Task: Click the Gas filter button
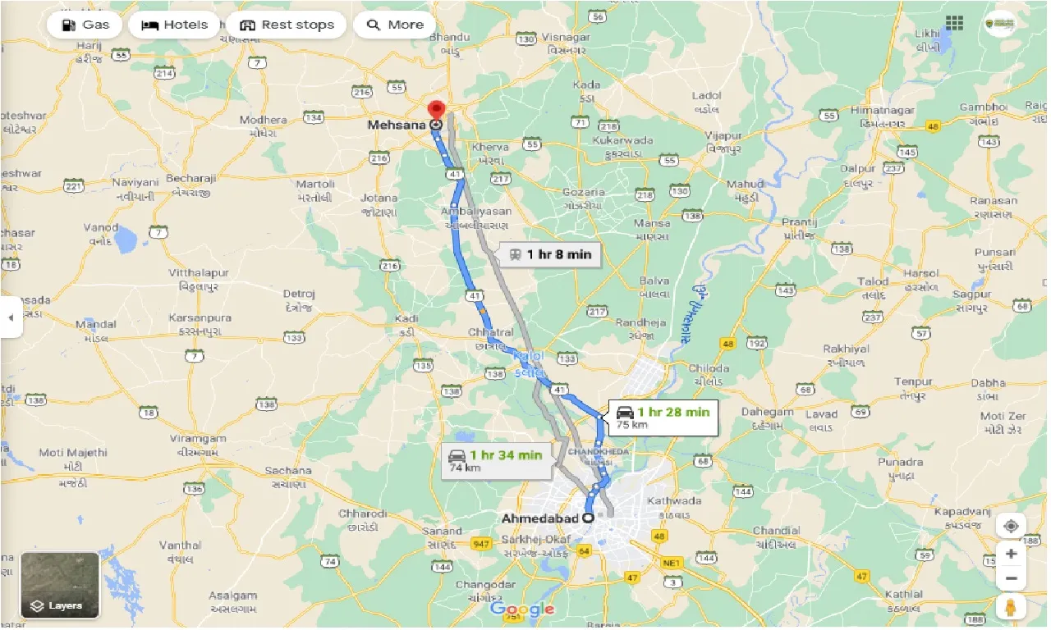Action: (85, 25)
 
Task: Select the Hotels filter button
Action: (175, 25)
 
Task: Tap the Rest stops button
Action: (287, 25)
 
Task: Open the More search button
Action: (395, 25)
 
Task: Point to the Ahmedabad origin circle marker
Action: (589, 518)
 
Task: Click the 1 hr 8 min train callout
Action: (549, 254)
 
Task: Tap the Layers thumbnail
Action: (60, 584)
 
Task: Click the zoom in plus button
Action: (1011, 553)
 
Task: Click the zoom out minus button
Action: (1011, 579)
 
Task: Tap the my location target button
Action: (1011, 526)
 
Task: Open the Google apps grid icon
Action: (954, 23)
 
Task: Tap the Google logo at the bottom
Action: (522, 609)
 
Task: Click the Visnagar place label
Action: (566, 38)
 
